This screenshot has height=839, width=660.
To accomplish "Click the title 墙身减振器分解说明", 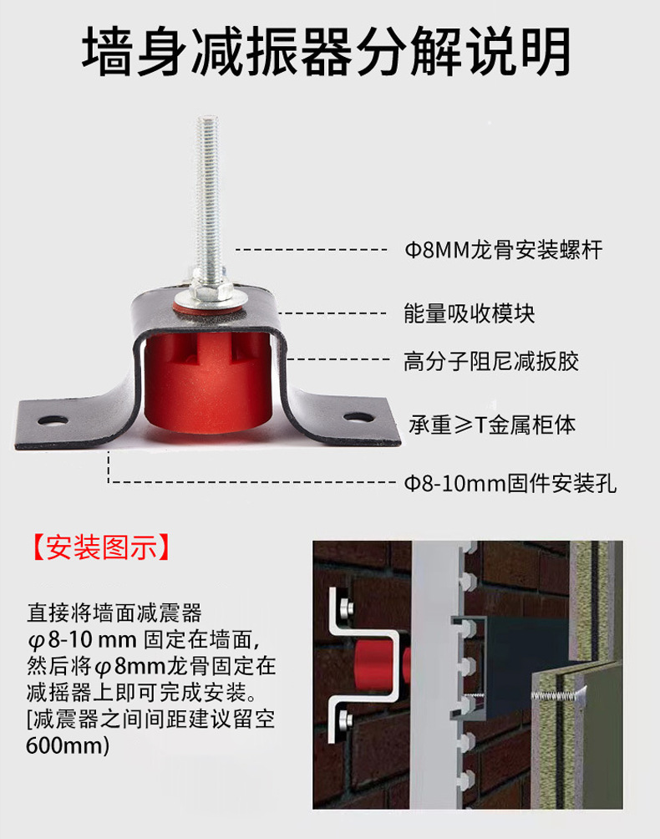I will tap(327, 52).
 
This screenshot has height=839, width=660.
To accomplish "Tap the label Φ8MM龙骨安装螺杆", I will tap(503, 250).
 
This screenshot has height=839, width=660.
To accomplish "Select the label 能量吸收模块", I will tap(469, 313).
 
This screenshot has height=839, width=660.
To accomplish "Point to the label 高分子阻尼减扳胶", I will tap(491, 361).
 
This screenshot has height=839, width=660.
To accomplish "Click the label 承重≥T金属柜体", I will tap(491, 425).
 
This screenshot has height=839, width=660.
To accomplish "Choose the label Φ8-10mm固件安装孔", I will tap(510, 483).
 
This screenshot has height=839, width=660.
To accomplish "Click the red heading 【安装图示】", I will tap(102, 547).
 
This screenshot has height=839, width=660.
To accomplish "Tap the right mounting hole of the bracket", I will tap(357, 416).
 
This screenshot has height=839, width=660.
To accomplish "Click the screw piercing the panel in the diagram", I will tap(556, 693).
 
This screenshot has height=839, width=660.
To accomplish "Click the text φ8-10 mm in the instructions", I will tap(79, 640).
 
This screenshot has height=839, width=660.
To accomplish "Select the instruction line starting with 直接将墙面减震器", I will tap(114, 613).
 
